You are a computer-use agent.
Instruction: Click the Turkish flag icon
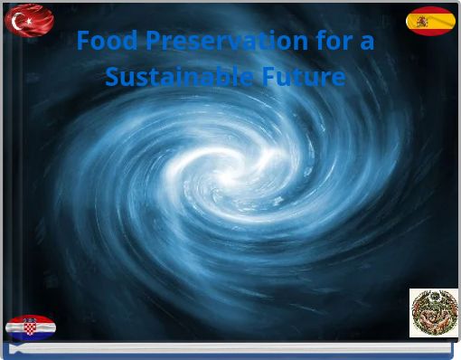tap(29, 20)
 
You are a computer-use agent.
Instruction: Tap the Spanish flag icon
tap(430, 21)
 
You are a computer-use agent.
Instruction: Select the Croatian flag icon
tap(31, 327)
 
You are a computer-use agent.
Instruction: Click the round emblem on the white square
tap(433, 313)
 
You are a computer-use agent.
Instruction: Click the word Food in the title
tap(101, 41)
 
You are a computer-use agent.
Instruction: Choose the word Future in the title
tap(302, 77)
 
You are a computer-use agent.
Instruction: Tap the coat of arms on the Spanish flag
tap(422, 21)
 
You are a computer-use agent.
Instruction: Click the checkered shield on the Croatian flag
tap(30, 327)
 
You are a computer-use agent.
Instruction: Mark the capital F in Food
tap(83, 41)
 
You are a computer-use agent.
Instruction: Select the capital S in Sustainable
tap(112, 77)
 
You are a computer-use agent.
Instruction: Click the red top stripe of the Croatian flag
tap(31, 319)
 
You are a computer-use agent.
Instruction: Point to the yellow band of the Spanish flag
tap(437, 21)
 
